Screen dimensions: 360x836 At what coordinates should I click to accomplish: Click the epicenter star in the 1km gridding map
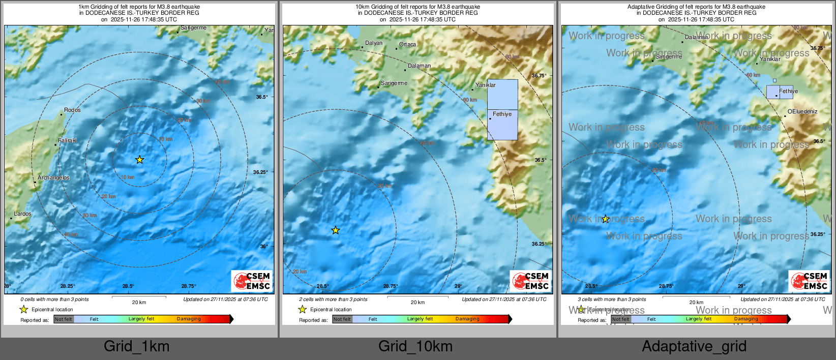[x=140, y=160]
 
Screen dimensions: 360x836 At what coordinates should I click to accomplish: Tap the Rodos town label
[x=72, y=110]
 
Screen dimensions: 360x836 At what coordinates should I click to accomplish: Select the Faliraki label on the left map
[x=68, y=140]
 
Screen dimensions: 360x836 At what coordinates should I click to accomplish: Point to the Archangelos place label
[x=53, y=177]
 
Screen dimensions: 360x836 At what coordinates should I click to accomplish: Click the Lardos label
[x=22, y=214]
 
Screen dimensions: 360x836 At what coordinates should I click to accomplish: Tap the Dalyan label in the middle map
[x=374, y=43]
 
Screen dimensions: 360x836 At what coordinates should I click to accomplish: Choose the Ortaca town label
[x=407, y=44]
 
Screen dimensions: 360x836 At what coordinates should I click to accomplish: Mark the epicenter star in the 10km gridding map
[x=336, y=230]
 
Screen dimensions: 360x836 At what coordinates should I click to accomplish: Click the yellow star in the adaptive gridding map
[x=606, y=219]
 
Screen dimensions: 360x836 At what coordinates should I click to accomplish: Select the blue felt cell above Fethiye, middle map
[x=502, y=94]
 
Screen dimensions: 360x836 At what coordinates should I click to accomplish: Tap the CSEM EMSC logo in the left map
[x=252, y=281]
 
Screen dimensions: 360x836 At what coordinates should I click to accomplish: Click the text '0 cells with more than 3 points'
[x=54, y=299]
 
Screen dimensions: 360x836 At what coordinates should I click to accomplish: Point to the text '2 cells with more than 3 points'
[x=333, y=299]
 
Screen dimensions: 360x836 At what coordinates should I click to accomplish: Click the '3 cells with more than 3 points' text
[x=612, y=299]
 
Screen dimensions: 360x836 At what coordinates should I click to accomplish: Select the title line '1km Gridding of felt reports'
[x=139, y=7]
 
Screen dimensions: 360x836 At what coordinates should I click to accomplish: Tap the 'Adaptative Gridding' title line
[x=696, y=7]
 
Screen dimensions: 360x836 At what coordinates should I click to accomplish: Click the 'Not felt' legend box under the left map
[x=64, y=319]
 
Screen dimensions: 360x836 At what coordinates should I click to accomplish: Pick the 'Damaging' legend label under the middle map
[x=467, y=319]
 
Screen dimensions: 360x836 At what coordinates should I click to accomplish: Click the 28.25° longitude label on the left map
[x=68, y=286]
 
